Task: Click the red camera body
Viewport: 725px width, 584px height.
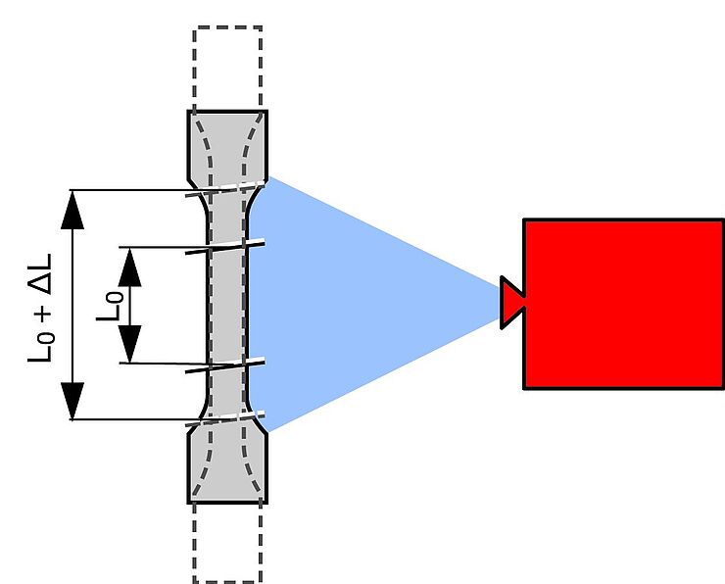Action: click(623, 304)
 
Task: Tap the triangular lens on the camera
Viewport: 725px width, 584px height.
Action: click(512, 302)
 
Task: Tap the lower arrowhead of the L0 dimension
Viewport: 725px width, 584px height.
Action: click(129, 344)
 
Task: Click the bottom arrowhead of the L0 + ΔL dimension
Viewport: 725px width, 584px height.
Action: click(72, 400)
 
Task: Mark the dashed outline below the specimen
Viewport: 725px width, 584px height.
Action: click(227, 544)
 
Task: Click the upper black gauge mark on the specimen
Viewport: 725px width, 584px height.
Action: click(226, 246)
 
